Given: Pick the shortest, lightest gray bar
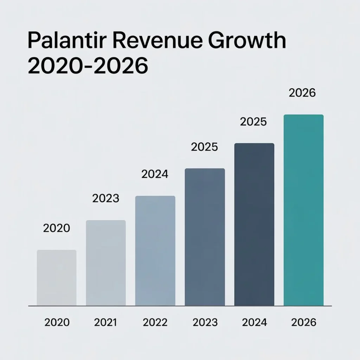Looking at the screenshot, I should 57,278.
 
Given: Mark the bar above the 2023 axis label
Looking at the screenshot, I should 205,237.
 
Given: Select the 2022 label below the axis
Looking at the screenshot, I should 155,322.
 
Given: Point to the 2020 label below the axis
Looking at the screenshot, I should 57,322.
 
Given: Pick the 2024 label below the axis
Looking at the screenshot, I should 254,322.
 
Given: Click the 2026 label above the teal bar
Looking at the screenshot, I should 302,93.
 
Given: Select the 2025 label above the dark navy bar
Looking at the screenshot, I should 253,122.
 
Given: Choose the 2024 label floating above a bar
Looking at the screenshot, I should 155,174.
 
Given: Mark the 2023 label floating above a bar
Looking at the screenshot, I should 106,199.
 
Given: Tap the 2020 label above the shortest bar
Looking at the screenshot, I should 57,228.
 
